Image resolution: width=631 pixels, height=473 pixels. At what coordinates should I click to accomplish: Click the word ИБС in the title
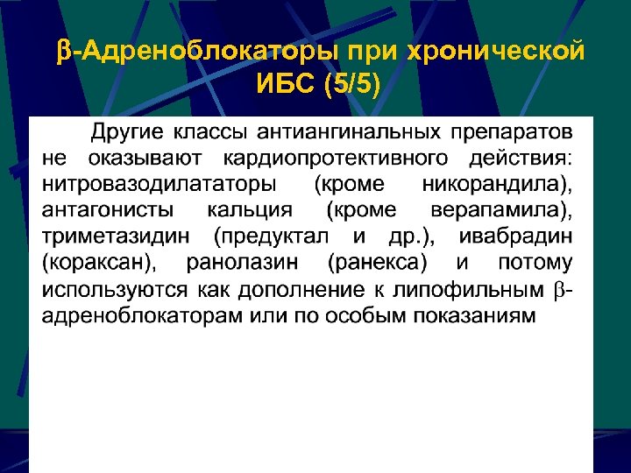tap(287, 85)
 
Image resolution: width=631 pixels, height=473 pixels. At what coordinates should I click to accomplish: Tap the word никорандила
tap(496, 185)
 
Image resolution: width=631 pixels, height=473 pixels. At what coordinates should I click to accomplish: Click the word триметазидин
tap(119, 237)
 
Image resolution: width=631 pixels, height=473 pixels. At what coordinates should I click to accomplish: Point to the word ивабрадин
tap(522, 237)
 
